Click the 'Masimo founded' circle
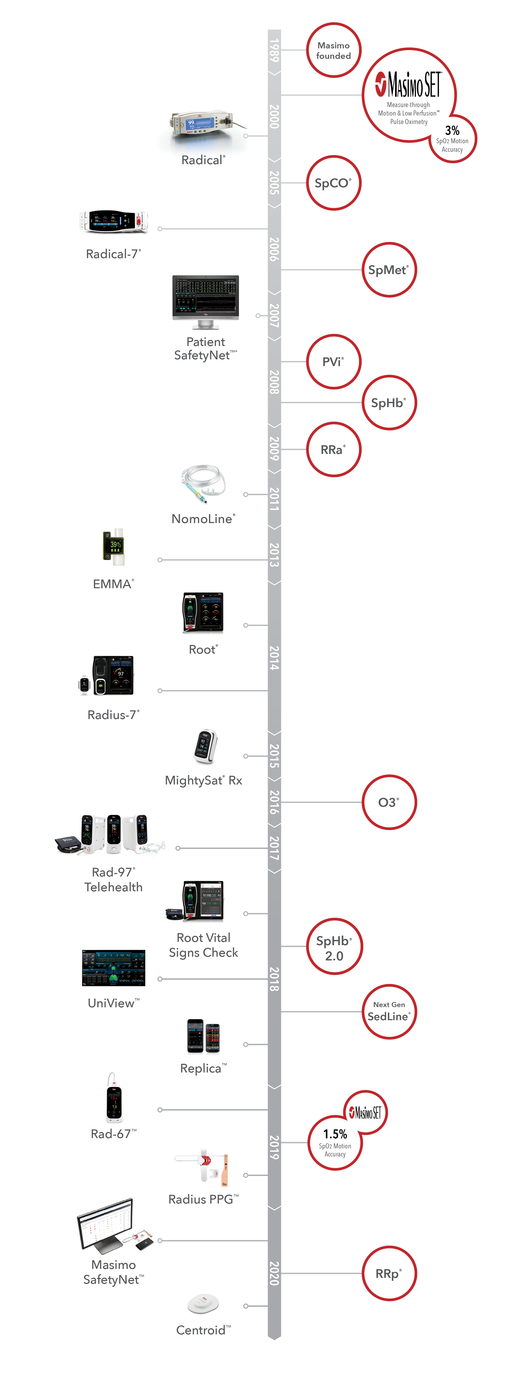pyautogui.click(x=334, y=50)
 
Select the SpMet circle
pyautogui.click(x=389, y=270)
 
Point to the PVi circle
pyautogui.click(x=334, y=362)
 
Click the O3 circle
pyautogui.click(x=389, y=802)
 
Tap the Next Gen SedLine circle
pyautogui.click(x=389, y=1012)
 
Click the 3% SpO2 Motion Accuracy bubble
pyautogui.click(x=453, y=139)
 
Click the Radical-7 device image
pyautogui.click(x=114, y=222)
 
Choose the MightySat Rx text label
pyautogui.click(x=203, y=780)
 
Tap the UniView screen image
pyautogui.click(x=114, y=968)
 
